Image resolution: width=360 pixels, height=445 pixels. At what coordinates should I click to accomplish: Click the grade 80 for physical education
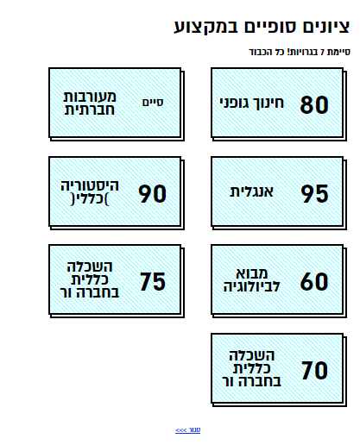314,104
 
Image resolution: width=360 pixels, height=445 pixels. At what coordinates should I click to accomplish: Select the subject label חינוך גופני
252,103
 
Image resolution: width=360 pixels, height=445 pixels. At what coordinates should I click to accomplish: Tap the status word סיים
153,103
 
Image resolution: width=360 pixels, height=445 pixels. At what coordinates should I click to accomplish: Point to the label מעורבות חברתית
90,103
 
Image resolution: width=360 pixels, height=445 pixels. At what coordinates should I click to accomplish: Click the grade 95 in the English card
314,193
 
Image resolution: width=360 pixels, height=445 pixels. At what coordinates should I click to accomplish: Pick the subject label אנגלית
251,191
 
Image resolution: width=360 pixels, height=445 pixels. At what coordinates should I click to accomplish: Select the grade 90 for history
152,193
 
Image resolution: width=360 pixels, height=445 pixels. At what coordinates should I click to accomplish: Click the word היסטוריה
90,185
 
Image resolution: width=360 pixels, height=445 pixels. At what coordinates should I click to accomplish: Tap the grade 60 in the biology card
314,281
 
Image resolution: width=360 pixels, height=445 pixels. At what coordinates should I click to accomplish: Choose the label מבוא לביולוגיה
251,279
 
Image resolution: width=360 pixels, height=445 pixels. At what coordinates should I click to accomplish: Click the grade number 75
153,281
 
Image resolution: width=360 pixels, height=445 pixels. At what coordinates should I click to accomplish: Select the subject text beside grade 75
90,279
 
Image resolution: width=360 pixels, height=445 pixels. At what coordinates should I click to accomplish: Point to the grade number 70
314,370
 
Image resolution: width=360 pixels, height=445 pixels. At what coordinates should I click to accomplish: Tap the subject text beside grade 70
251,368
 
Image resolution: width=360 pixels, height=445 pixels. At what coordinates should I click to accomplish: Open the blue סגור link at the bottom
188,429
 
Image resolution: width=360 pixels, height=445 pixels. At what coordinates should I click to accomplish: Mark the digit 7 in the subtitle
322,52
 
